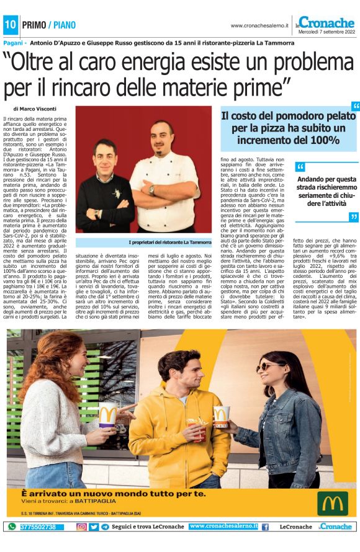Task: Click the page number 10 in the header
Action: [11, 25]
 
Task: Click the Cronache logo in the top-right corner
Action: [326, 22]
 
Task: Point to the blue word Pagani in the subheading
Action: [14, 43]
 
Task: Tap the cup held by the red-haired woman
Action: [107, 415]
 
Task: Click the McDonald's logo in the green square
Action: [333, 503]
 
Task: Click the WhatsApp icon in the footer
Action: [11, 527]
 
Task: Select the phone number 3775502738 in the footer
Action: [38, 527]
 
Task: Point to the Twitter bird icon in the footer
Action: [94, 527]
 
